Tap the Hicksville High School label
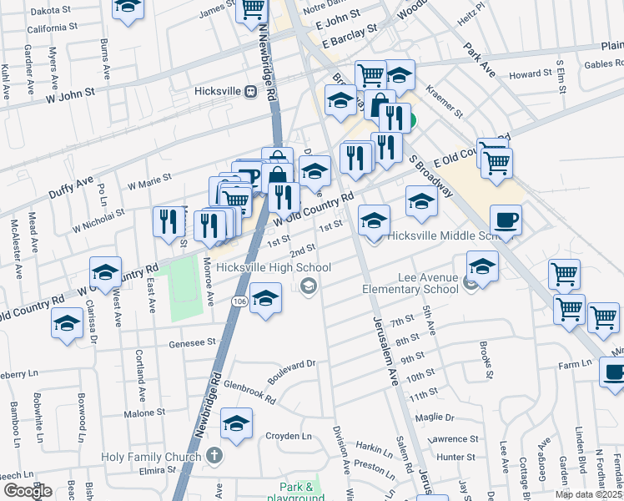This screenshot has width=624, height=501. click(260, 268)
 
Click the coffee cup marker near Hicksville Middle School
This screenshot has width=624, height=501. click(506, 221)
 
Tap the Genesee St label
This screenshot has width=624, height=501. click(193, 342)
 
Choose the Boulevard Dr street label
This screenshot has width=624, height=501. click(291, 364)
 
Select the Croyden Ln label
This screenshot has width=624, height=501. click(288, 436)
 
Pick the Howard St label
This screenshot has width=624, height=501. click(526, 74)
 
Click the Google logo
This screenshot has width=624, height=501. click(28, 491)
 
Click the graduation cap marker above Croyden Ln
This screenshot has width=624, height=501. click(237, 423)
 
